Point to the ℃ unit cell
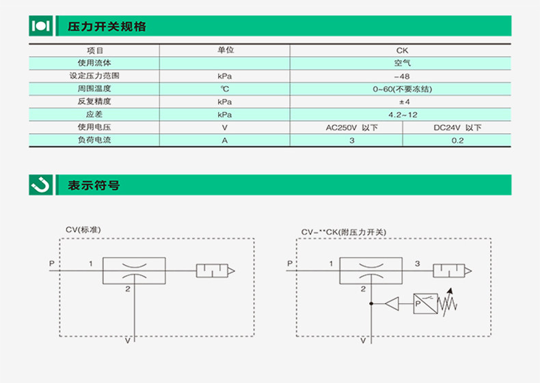click(x=224, y=89)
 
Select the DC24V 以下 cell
click(x=457, y=128)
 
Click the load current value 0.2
click(x=457, y=141)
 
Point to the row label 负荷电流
click(x=94, y=141)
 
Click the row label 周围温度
click(x=94, y=89)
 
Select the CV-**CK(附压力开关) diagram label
click(x=344, y=232)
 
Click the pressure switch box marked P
click(x=426, y=302)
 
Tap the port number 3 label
click(x=418, y=263)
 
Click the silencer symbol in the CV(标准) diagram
click(x=215, y=271)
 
